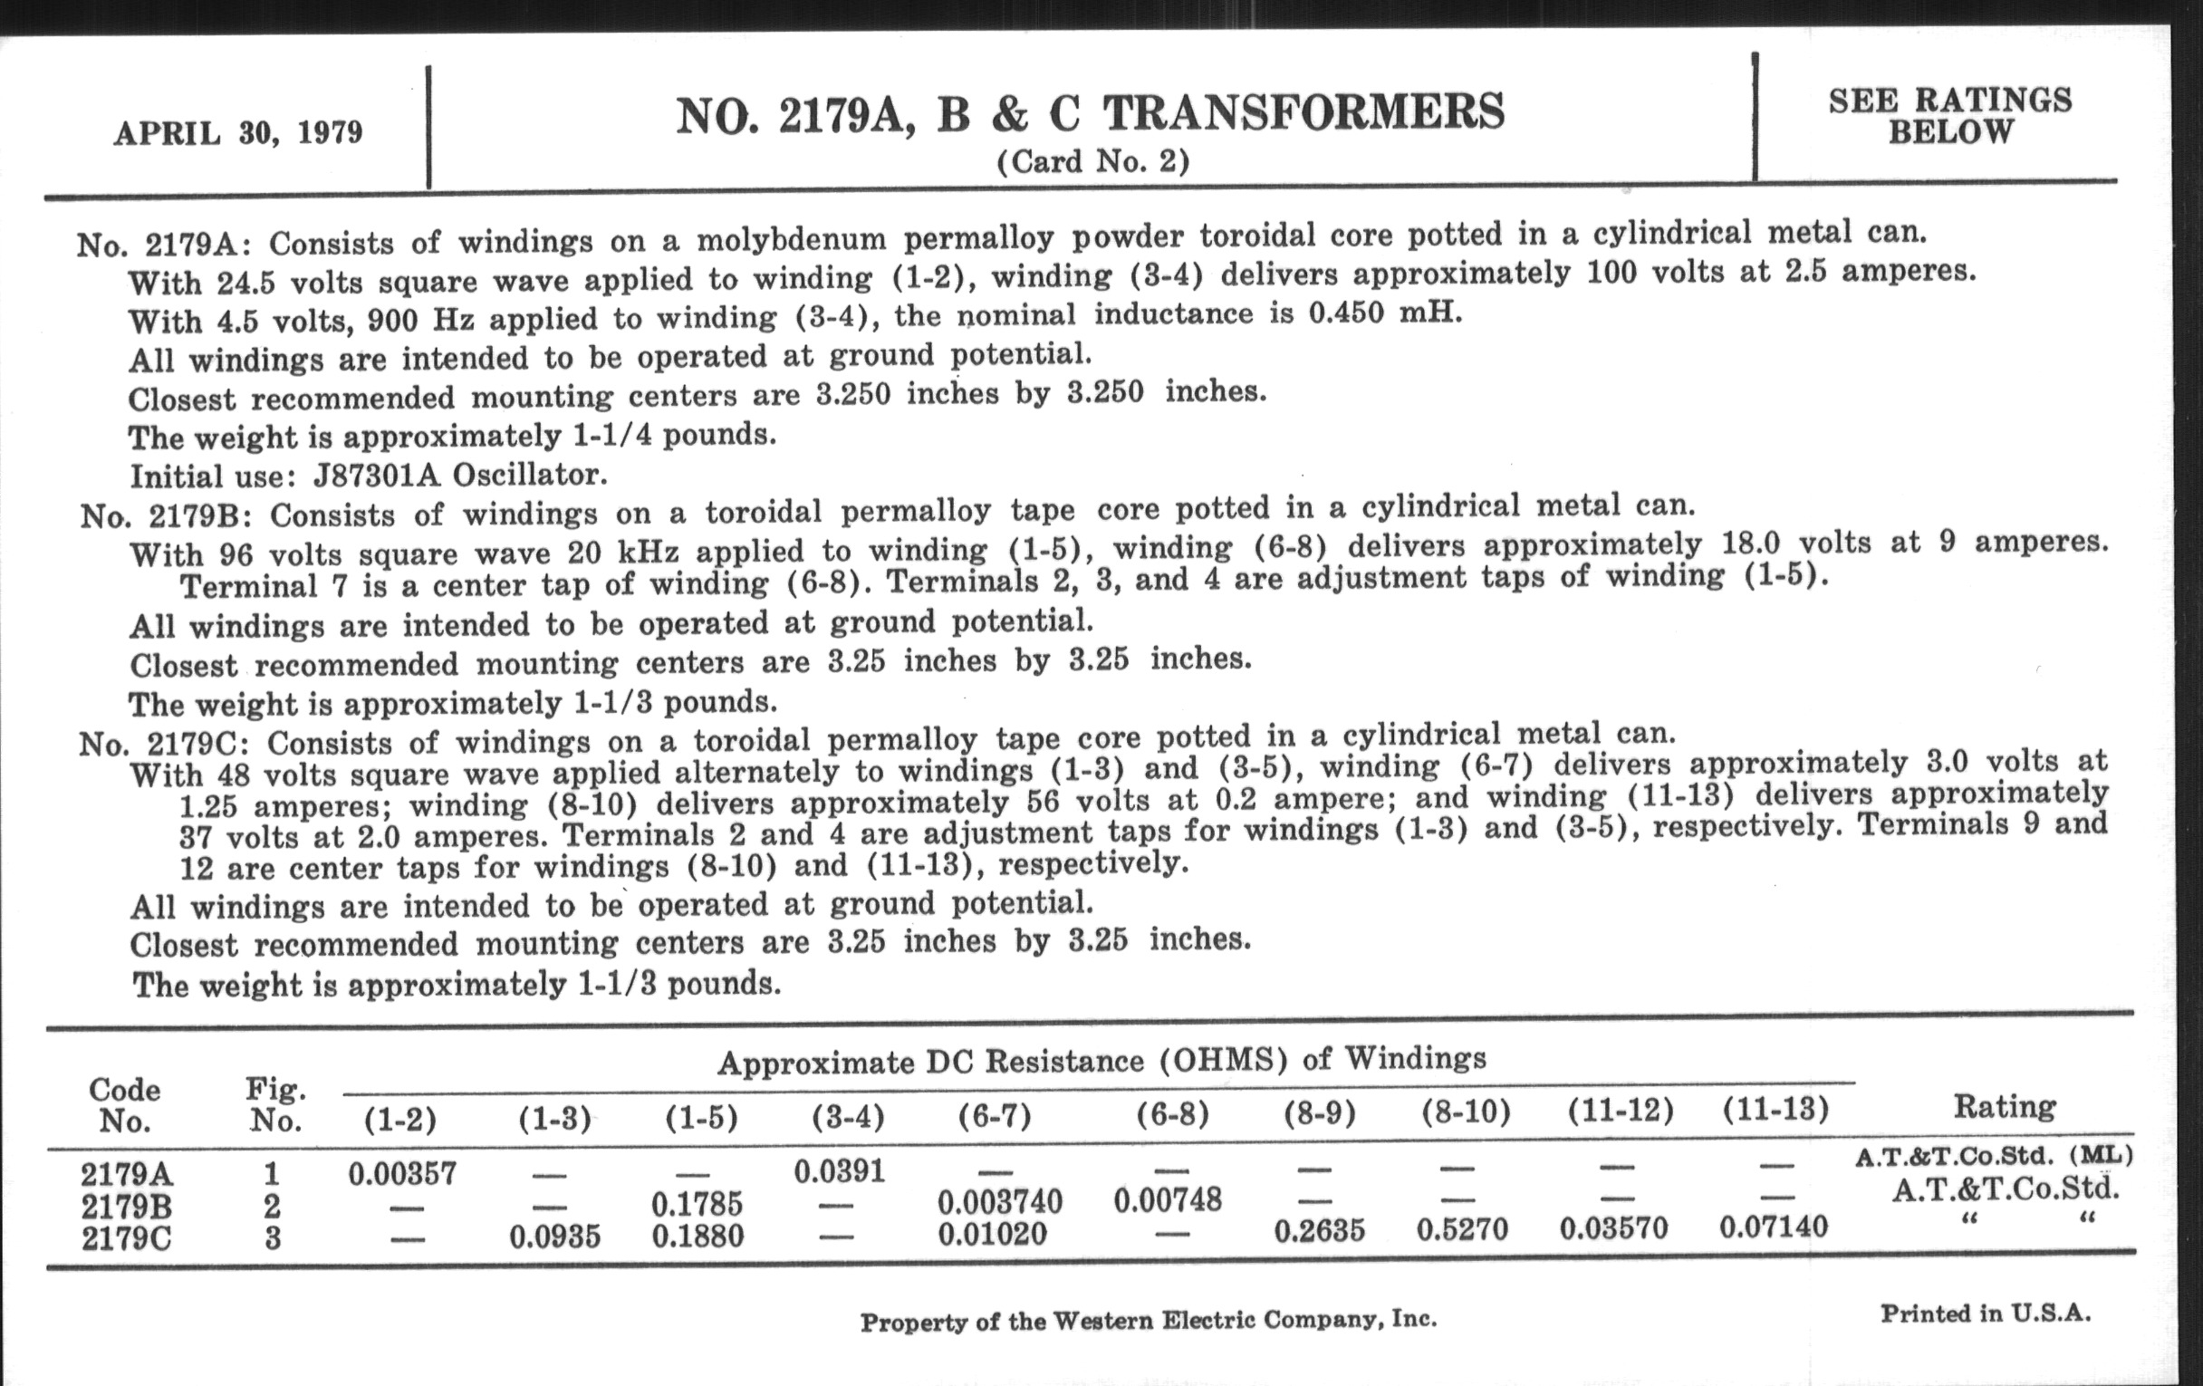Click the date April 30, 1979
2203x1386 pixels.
pos(238,132)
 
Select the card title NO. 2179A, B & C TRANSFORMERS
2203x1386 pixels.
pos(1090,113)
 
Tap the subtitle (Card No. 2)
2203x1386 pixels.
pos(1092,162)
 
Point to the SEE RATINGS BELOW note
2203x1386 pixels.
pos(1949,115)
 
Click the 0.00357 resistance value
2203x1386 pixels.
pos(401,1174)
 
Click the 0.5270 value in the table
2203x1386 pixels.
pos(1462,1227)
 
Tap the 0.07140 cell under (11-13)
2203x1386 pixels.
pos(1773,1226)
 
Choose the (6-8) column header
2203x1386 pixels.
pos(1172,1114)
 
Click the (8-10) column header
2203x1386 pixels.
pos(1465,1112)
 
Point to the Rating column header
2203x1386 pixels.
pos(2004,1107)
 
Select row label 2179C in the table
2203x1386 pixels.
pos(126,1237)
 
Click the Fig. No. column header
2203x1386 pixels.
pos(274,1105)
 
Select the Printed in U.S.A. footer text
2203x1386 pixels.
pos(1986,1314)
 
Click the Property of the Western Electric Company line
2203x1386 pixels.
pos(1149,1321)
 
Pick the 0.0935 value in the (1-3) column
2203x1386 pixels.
pos(554,1237)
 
